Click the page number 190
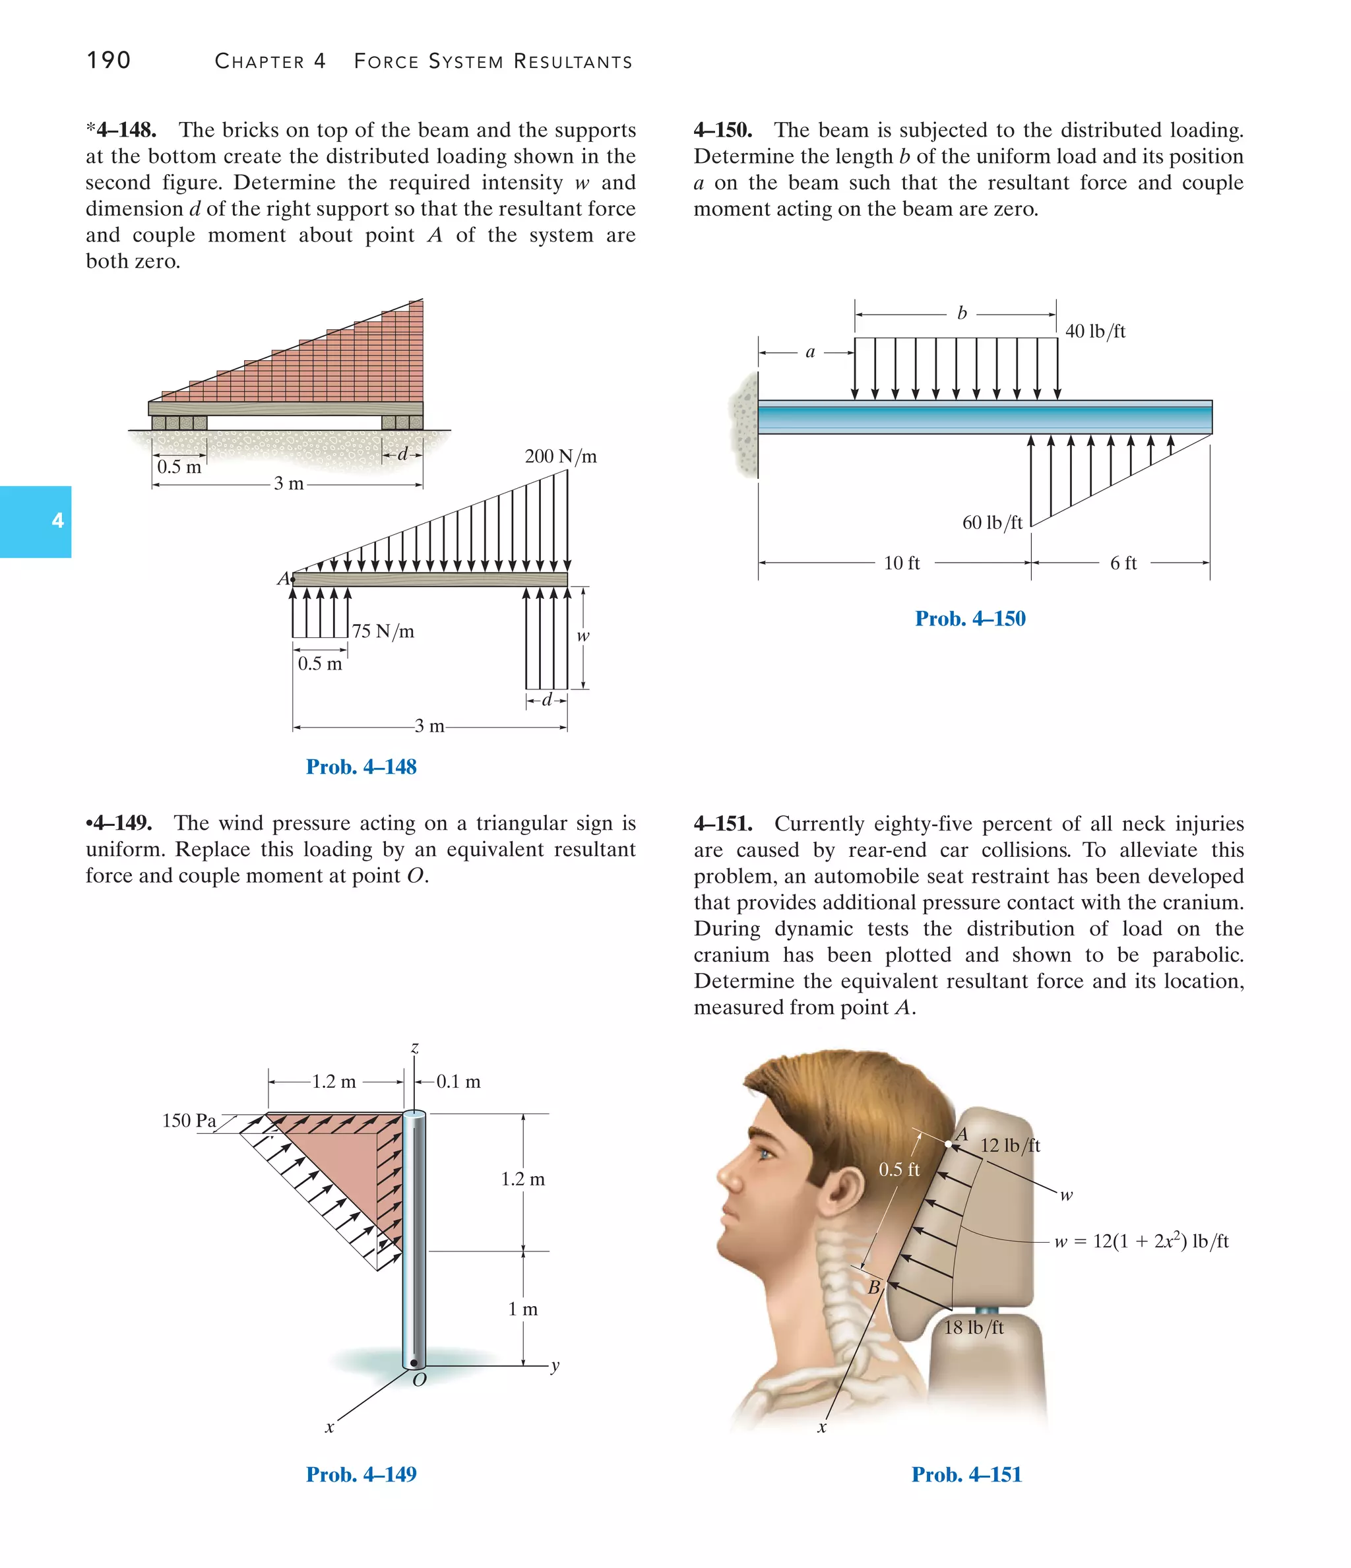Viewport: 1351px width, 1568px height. click(x=108, y=60)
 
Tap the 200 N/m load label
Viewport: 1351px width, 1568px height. click(x=560, y=456)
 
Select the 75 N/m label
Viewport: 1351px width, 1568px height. click(x=383, y=631)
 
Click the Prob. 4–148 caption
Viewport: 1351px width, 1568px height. click(x=361, y=767)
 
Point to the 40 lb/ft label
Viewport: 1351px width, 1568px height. click(x=1094, y=331)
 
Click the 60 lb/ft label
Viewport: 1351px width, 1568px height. click(x=991, y=522)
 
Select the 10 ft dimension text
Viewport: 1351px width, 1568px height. click(x=901, y=563)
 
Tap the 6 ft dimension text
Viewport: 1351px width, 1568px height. click(x=1123, y=563)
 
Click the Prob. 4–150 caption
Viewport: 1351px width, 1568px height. click(x=970, y=618)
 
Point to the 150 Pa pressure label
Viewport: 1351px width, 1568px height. click(x=189, y=1120)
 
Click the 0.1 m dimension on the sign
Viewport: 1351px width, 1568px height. click(x=458, y=1081)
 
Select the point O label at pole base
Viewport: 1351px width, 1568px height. click(x=420, y=1379)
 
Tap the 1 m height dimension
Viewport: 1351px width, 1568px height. click(x=522, y=1309)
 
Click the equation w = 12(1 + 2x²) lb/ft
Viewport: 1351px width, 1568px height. click(x=1141, y=1241)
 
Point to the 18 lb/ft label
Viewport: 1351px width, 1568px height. click(x=972, y=1327)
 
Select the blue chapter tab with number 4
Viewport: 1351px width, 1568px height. click(x=36, y=521)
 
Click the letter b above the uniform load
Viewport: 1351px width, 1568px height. click(x=961, y=313)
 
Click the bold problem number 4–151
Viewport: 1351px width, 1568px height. click(x=723, y=823)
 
